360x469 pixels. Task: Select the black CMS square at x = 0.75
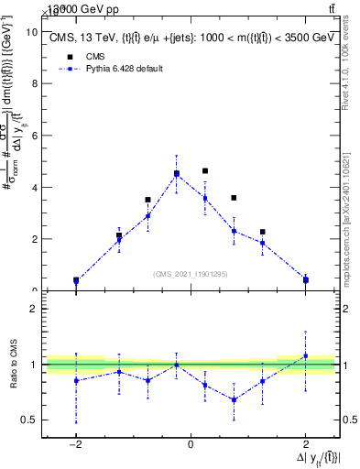[234, 198]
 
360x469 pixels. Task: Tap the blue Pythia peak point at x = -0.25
[177, 174]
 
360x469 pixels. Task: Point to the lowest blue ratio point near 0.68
[234, 399]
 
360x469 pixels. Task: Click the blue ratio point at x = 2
[305, 356]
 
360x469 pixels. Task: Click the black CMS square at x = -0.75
[147, 200]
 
